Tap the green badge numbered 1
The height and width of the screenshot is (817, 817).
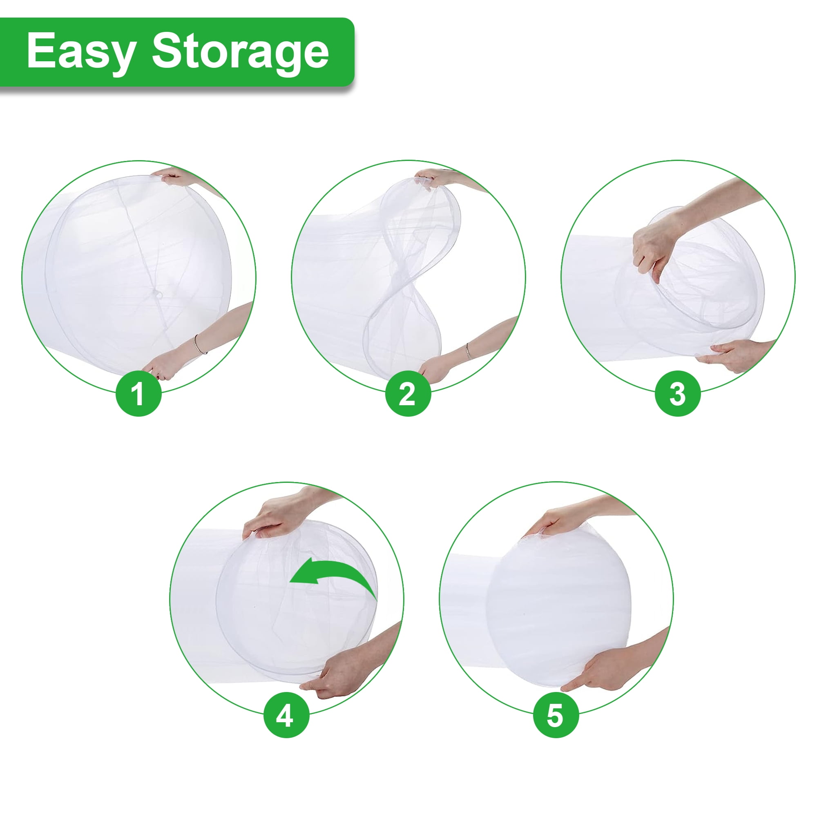tap(138, 393)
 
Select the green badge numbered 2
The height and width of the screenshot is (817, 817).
tap(408, 393)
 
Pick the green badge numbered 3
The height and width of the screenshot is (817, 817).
tap(677, 393)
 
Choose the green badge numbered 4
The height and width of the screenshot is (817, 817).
tap(286, 715)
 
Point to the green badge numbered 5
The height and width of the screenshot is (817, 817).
tap(556, 715)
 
